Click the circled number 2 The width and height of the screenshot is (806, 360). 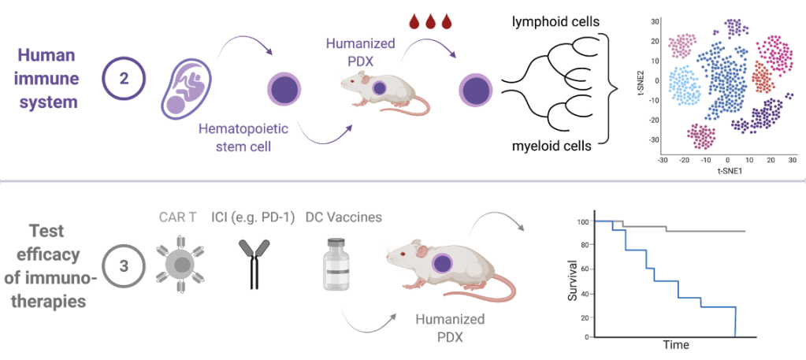coord(124,80)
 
